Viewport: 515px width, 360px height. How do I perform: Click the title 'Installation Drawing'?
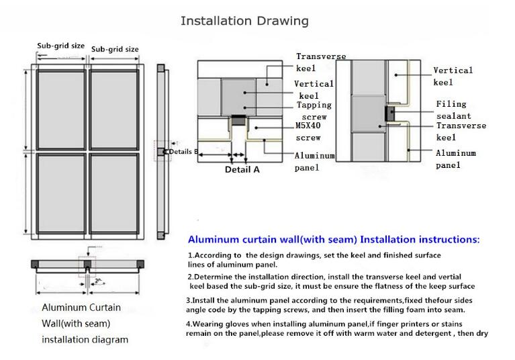244,21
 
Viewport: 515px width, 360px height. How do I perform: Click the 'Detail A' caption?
242,170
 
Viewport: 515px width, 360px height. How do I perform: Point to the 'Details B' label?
184,152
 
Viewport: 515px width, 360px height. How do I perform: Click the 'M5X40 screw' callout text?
309,132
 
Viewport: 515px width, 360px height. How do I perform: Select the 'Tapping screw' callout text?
314,111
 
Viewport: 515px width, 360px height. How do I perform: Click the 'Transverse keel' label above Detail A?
321,62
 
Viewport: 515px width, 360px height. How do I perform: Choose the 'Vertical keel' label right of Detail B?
453,76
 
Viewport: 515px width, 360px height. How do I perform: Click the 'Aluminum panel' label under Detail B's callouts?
455,159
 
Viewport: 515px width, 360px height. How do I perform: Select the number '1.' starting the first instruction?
191,256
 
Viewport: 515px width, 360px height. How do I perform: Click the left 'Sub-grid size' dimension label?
60,46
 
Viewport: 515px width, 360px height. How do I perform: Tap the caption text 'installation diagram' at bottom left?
85,339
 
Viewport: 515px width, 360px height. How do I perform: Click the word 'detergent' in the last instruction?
432,333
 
